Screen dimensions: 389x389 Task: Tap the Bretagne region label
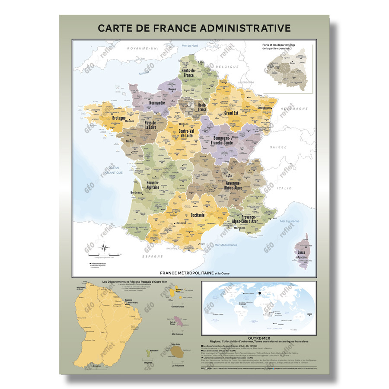(x=119, y=118)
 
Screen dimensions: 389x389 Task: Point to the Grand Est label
(x=231, y=113)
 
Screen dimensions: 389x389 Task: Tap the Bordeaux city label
(x=136, y=192)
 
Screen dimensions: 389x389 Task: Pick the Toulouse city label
(x=181, y=223)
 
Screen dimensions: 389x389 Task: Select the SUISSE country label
(x=278, y=147)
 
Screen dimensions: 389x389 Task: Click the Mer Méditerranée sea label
(x=226, y=245)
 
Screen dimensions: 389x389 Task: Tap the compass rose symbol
(x=104, y=248)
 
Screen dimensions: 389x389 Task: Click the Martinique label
(x=177, y=334)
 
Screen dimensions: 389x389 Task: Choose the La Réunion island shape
(x=177, y=354)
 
